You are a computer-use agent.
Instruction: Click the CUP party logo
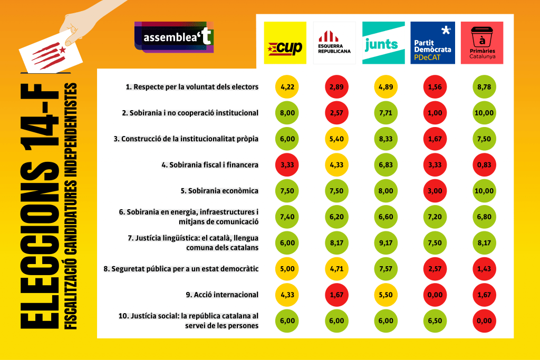(x=285, y=43)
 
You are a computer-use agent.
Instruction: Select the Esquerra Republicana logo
(x=334, y=43)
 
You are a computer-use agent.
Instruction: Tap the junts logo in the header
(x=383, y=43)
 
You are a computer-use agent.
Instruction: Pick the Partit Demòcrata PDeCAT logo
(x=432, y=43)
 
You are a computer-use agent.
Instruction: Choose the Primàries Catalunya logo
(x=482, y=43)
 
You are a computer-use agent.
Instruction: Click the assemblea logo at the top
(x=174, y=37)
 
